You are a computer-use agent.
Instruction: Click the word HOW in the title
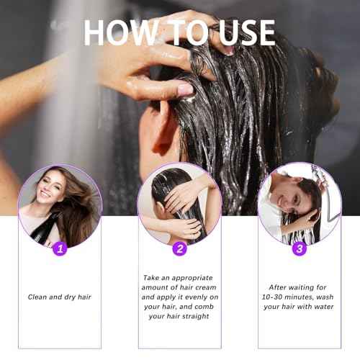[121, 32]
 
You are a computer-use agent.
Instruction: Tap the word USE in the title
[247, 32]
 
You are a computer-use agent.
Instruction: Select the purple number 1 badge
[60, 248]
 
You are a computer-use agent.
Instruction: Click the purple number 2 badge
[180, 248]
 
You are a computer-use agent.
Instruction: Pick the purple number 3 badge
[300, 248]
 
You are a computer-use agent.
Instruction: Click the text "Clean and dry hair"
[60, 297]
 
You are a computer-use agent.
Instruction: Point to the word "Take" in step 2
[151, 278]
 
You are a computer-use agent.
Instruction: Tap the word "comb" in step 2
[204, 307]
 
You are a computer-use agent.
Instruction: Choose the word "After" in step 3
[277, 287]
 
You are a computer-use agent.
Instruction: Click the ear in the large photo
[160, 131]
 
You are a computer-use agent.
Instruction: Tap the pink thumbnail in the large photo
[185, 89]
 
